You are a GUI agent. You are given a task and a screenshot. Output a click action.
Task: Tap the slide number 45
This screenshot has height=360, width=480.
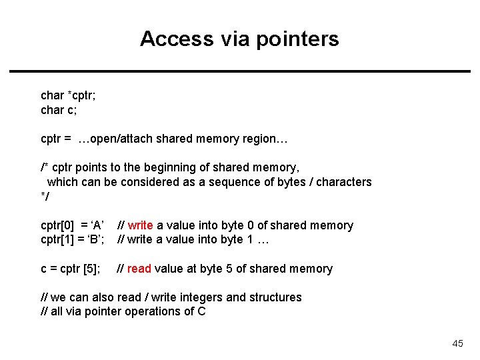(457, 343)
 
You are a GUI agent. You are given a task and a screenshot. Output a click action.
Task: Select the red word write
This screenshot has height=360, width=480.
(140, 225)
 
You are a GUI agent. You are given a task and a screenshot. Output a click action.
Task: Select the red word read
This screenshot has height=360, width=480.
(139, 269)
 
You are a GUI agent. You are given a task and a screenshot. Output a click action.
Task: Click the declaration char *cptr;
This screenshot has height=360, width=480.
(68, 95)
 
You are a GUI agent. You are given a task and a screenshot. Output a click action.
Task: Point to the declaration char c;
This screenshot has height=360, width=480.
(59, 109)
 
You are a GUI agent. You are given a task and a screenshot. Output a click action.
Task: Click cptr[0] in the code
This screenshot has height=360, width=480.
(58, 225)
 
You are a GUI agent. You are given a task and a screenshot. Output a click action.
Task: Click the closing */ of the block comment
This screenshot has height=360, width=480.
(45, 196)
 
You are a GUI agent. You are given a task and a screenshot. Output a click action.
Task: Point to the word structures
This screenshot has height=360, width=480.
(277, 297)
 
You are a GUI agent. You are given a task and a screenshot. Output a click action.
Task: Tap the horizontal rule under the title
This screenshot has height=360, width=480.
(240, 71)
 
